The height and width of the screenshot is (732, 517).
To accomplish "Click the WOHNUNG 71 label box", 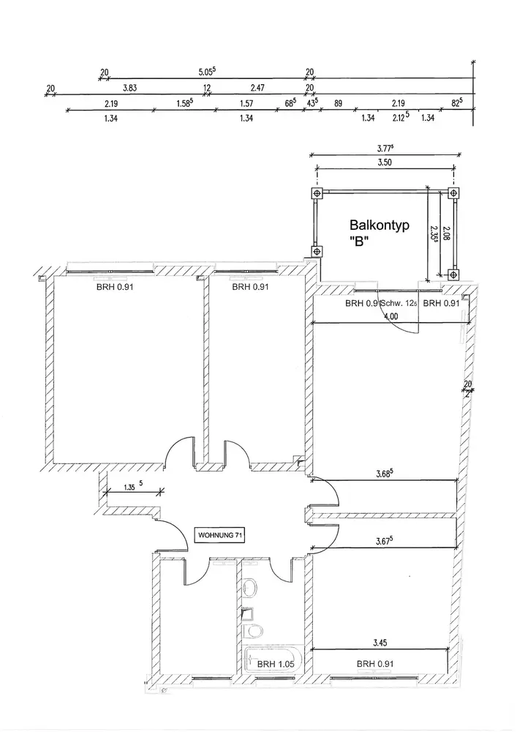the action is click(x=219, y=535).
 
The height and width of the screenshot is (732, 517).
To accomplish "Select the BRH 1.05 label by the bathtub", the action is click(x=279, y=664).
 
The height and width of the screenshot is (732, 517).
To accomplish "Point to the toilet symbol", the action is click(x=255, y=630).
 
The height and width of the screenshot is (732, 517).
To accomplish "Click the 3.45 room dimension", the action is click(x=379, y=643).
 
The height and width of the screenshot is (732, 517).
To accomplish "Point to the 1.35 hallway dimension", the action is click(x=131, y=485).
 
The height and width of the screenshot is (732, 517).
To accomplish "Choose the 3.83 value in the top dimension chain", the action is click(x=130, y=88).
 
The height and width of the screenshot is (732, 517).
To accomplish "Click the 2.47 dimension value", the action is click(x=257, y=88).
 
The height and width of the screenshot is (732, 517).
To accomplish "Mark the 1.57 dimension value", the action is click(x=246, y=104).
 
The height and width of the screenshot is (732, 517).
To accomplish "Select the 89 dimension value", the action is click(x=338, y=104).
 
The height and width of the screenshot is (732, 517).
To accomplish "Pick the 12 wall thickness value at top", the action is click(x=207, y=88).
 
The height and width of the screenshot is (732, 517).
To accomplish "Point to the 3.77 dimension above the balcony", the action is click(x=385, y=149).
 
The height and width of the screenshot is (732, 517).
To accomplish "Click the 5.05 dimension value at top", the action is click(x=208, y=72).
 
